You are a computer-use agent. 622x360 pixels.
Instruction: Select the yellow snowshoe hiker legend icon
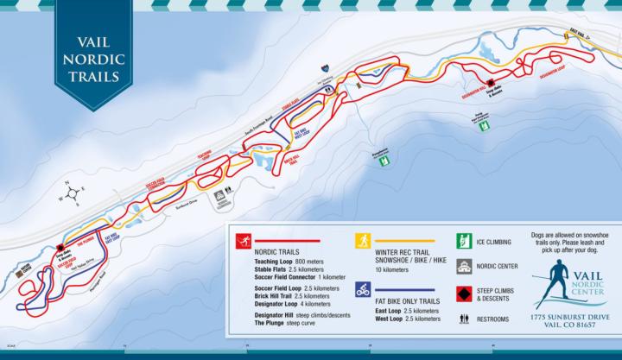point(363,241)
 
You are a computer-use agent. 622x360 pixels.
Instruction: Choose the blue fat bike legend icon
point(363,289)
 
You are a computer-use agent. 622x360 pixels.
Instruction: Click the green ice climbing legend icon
point(462,242)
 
